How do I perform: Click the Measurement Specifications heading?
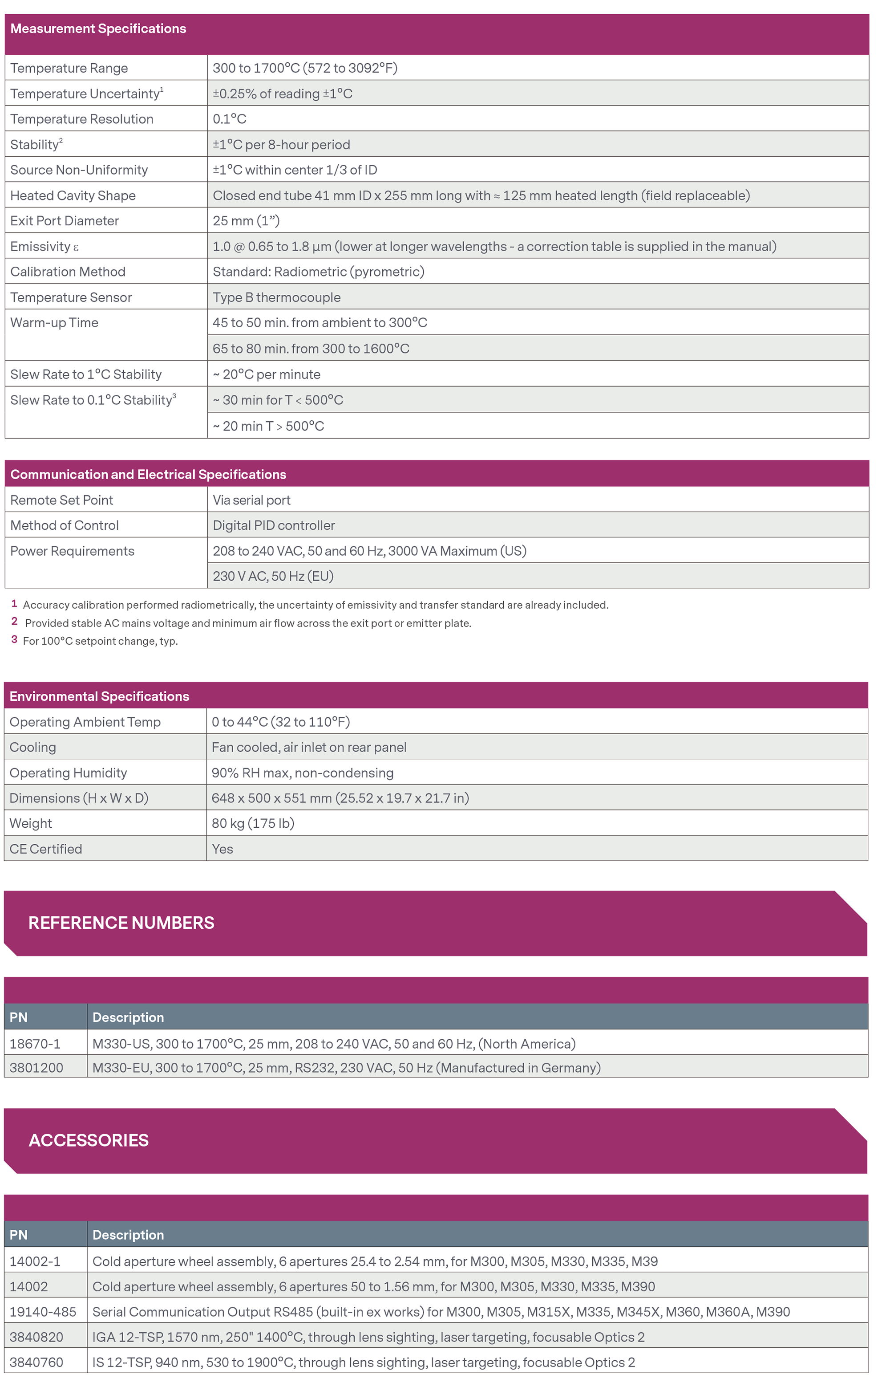[x=98, y=29]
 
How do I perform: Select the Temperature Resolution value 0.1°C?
[x=230, y=119]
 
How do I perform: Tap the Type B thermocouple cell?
[x=276, y=297]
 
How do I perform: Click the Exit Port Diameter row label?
[x=64, y=221]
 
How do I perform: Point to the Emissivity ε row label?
[x=44, y=246]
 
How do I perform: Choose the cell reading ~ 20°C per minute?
[x=267, y=374]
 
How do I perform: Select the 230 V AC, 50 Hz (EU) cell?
[x=273, y=577]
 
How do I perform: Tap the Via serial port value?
[x=251, y=500]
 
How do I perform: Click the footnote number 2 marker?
[x=14, y=622]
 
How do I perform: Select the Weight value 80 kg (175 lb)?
[x=253, y=823]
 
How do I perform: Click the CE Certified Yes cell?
[x=222, y=849]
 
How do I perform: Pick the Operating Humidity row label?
[x=68, y=773]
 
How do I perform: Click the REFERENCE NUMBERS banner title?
[x=121, y=923]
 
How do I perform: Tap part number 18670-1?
[x=35, y=1044]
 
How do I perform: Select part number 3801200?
[x=36, y=1068]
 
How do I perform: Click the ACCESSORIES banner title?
[x=89, y=1140]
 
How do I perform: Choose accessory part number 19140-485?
[x=43, y=1312]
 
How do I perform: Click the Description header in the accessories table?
[x=128, y=1235]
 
